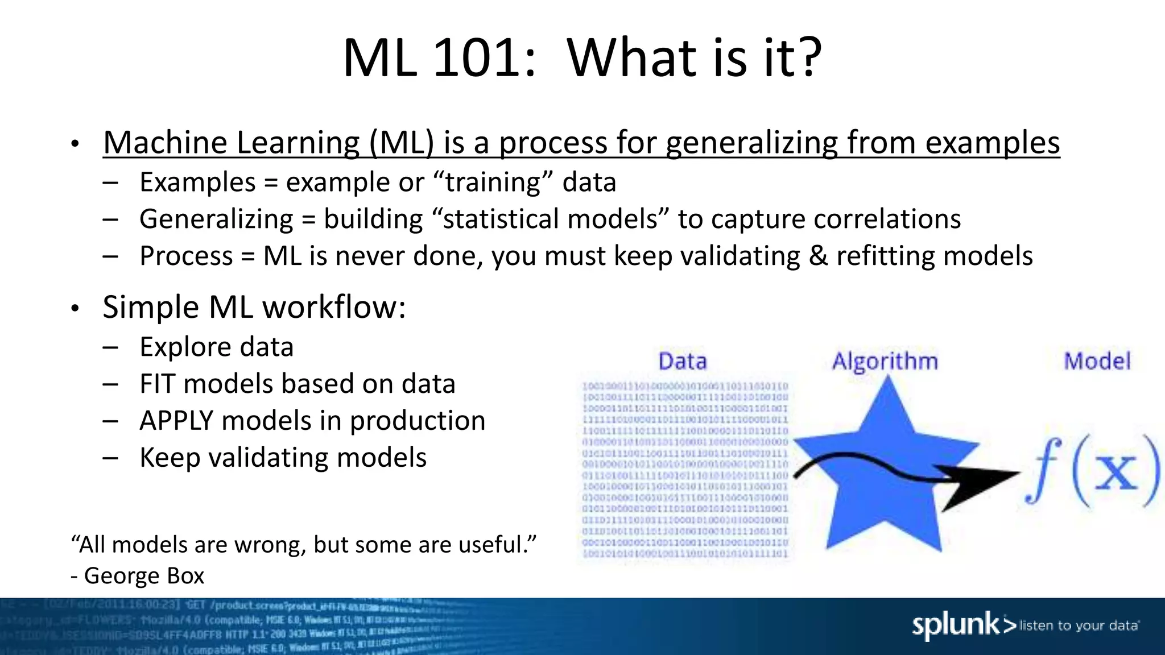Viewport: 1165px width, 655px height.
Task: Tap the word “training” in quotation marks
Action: (x=493, y=183)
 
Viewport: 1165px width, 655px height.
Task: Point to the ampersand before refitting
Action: (x=818, y=256)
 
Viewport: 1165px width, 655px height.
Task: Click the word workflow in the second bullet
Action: (x=333, y=307)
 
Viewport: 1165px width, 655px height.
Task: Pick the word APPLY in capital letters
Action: (x=176, y=421)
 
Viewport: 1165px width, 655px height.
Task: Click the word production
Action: (x=417, y=421)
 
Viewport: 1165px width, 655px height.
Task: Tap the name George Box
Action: (x=144, y=576)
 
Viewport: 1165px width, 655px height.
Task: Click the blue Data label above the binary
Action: (x=682, y=362)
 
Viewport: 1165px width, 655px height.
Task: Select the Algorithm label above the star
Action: (x=885, y=362)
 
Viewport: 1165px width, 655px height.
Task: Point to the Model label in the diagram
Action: (x=1097, y=362)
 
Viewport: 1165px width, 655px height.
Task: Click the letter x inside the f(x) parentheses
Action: (x=1116, y=471)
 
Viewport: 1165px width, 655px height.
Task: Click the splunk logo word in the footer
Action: (x=956, y=625)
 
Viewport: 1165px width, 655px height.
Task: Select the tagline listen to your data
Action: (x=1079, y=626)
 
